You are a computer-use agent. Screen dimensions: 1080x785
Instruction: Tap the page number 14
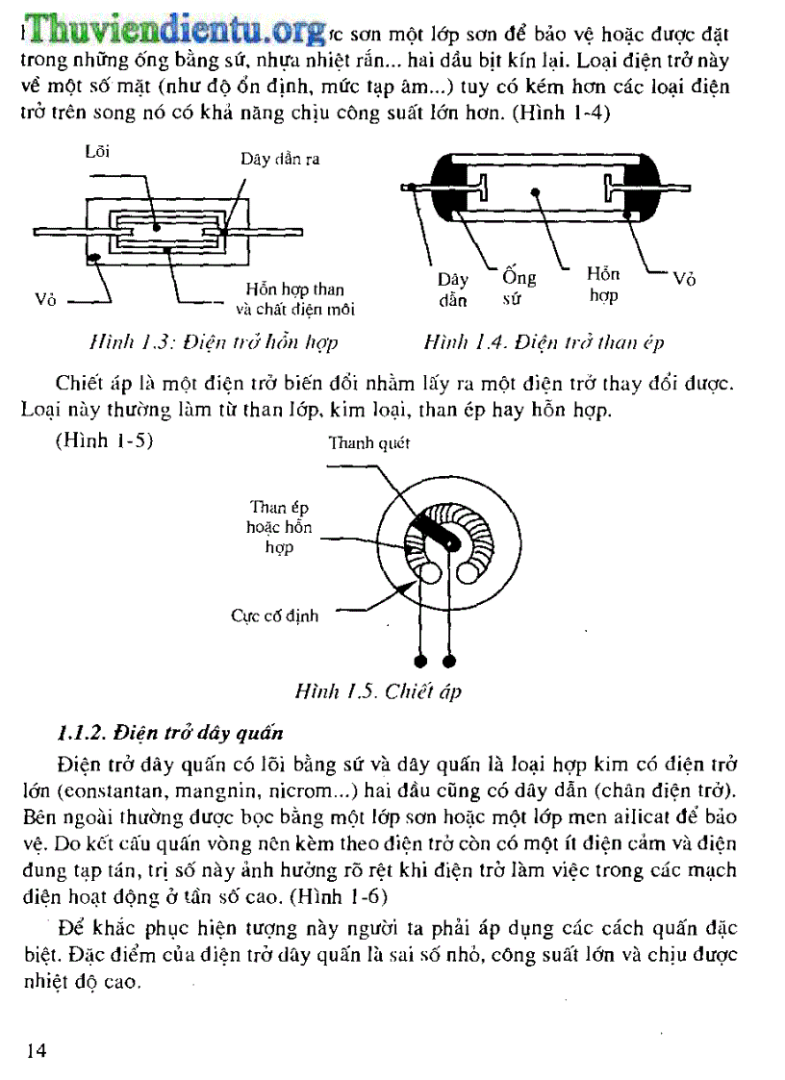(36, 1049)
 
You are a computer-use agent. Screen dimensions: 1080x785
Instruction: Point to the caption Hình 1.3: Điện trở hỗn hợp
(213, 342)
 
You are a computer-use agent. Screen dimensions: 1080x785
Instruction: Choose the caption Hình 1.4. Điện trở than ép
(544, 342)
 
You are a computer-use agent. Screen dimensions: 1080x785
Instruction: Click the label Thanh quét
(368, 443)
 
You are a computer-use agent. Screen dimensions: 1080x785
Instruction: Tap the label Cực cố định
(274, 615)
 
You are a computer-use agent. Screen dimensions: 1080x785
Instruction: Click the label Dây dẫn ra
(280, 160)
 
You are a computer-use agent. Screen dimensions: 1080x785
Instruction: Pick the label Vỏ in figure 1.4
(684, 279)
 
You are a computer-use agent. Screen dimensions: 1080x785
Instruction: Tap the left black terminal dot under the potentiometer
(420, 661)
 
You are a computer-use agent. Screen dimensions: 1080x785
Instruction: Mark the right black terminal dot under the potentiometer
(448, 661)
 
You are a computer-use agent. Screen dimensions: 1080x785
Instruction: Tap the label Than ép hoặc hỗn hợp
(279, 527)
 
